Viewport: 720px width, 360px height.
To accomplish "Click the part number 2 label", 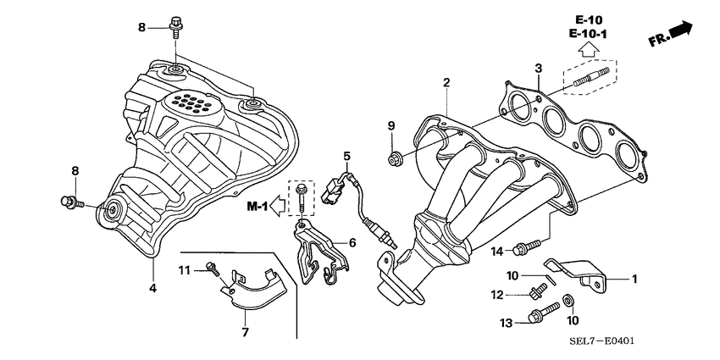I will pyautogui.click(x=446, y=82).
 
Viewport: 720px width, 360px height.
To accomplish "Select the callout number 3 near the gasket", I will pyautogui.click(x=538, y=68).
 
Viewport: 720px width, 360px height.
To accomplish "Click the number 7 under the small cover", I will pyautogui.click(x=245, y=332).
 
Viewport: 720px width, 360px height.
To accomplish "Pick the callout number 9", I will pyautogui.click(x=391, y=126).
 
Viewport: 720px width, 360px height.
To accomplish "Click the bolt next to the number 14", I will pyautogui.click(x=526, y=246).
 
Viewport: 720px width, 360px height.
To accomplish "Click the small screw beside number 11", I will pyautogui.click(x=213, y=270).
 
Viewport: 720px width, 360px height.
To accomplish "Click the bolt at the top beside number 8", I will pyautogui.click(x=174, y=26).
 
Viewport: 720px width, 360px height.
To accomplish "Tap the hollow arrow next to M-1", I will pyautogui.click(x=280, y=206).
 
